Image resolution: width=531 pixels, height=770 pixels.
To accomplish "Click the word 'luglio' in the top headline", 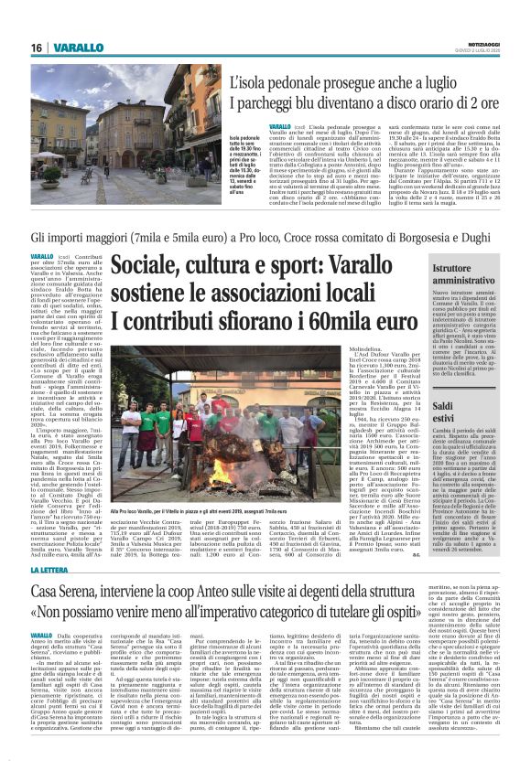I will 458,83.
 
